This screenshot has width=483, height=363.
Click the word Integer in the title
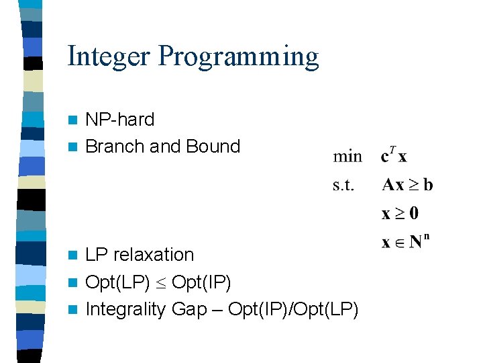point(109,56)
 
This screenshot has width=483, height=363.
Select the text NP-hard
point(120,120)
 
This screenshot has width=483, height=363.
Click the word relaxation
point(154,255)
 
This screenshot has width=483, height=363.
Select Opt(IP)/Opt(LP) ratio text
point(293,309)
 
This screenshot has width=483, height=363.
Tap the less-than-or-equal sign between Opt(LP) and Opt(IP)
point(161,283)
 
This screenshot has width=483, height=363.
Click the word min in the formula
point(347,157)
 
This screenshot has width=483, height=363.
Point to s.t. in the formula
point(343,185)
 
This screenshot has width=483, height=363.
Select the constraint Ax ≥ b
point(407,185)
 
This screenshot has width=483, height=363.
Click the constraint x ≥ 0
point(400,214)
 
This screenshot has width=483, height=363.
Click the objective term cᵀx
point(393,156)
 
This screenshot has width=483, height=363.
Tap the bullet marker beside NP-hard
point(74,120)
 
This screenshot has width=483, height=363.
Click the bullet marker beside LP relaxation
point(74,255)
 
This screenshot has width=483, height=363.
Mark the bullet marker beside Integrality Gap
point(74,310)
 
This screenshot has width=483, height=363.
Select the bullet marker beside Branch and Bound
point(74,147)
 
